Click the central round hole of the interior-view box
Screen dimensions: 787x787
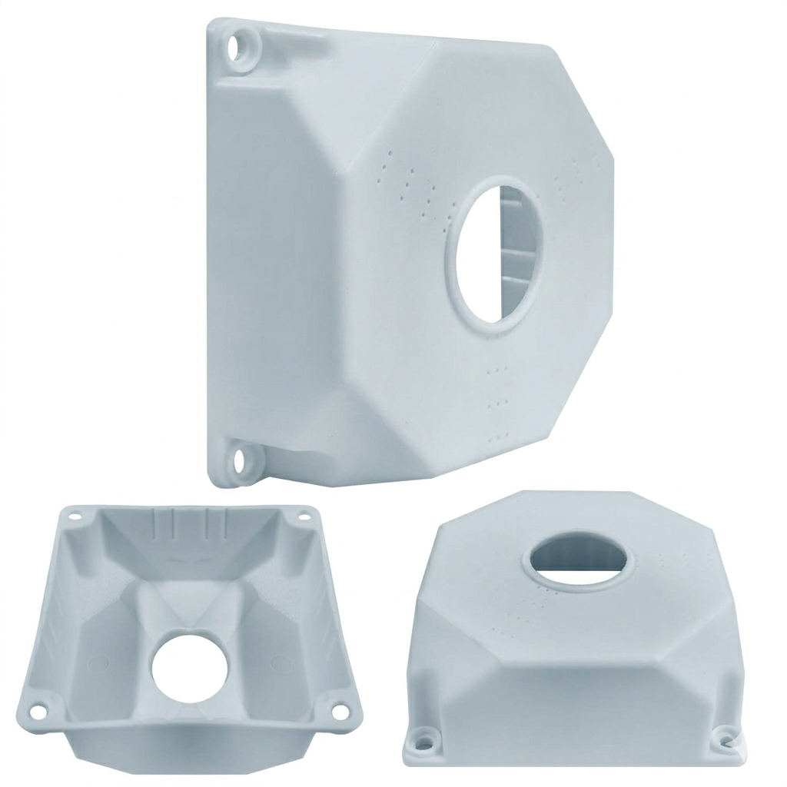coord(190,668)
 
